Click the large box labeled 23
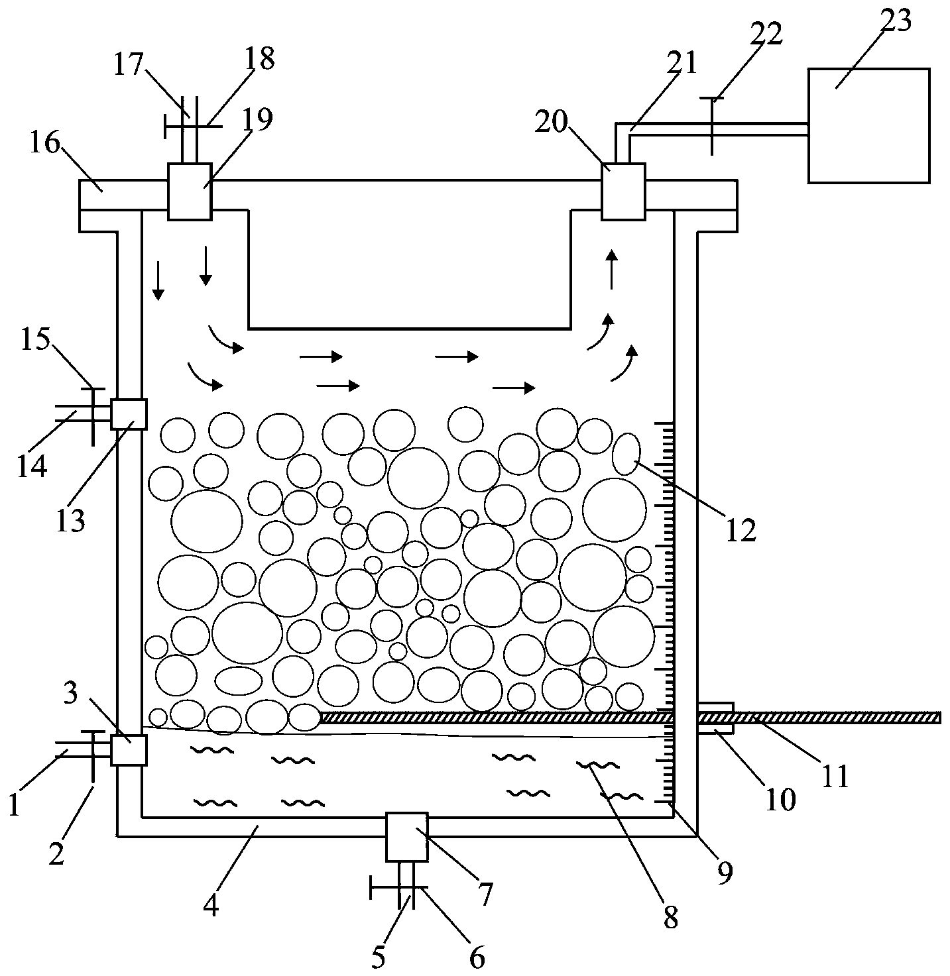click(x=868, y=125)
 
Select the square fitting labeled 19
click(x=189, y=191)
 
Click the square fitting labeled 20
click(x=623, y=191)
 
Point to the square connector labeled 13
click(x=129, y=414)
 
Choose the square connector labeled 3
click(x=129, y=750)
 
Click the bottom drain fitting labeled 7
click(x=407, y=837)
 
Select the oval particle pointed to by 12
click(x=626, y=454)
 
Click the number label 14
click(x=32, y=466)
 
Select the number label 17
click(x=129, y=65)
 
